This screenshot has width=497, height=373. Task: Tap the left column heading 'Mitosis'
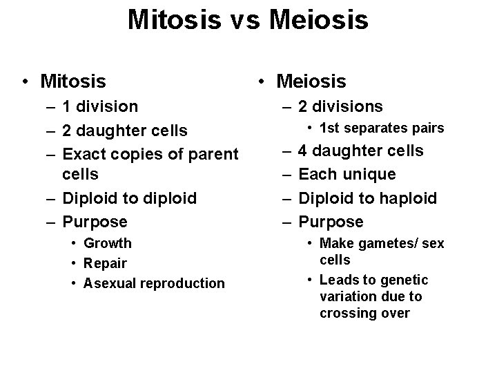click(73, 82)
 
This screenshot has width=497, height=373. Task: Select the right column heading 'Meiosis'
click(311, 82)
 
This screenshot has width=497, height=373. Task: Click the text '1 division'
click(100, 107)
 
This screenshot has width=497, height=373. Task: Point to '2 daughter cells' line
click(125, 131)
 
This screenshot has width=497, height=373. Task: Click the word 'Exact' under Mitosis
click(85, 153)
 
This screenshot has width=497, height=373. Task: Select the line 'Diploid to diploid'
click(129, 198)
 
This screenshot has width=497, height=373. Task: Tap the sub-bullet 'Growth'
click(107, 243)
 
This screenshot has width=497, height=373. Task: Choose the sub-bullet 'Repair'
click(105, 263)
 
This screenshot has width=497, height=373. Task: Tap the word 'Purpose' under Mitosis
click(95, 222)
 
